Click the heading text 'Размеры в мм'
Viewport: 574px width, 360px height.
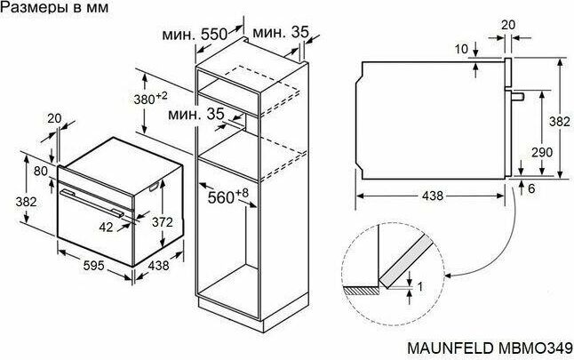pyautogui.click(x=54, y=7)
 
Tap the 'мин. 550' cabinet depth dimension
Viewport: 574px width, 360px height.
pyautogui.click(x=195, y=35)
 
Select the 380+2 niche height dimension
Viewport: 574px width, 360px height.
pyautogui.click(x=150, y=98)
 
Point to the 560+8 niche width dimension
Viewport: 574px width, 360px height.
pyautogui.click(x=227, y=196)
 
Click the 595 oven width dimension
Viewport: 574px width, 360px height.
pyautogui.click(x=93, y=265)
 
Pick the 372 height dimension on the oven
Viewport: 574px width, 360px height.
pyautogui.click(x=163, y=222)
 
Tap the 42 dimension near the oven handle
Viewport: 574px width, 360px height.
pyautogui.click(x=106, y=227)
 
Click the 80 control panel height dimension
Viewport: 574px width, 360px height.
pyautogui.click(x=41, y=171)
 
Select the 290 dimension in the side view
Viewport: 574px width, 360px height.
pyautogui.click(x=542, y=152)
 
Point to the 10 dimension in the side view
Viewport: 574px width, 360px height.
pyautogui.click(x=462, y=49)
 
